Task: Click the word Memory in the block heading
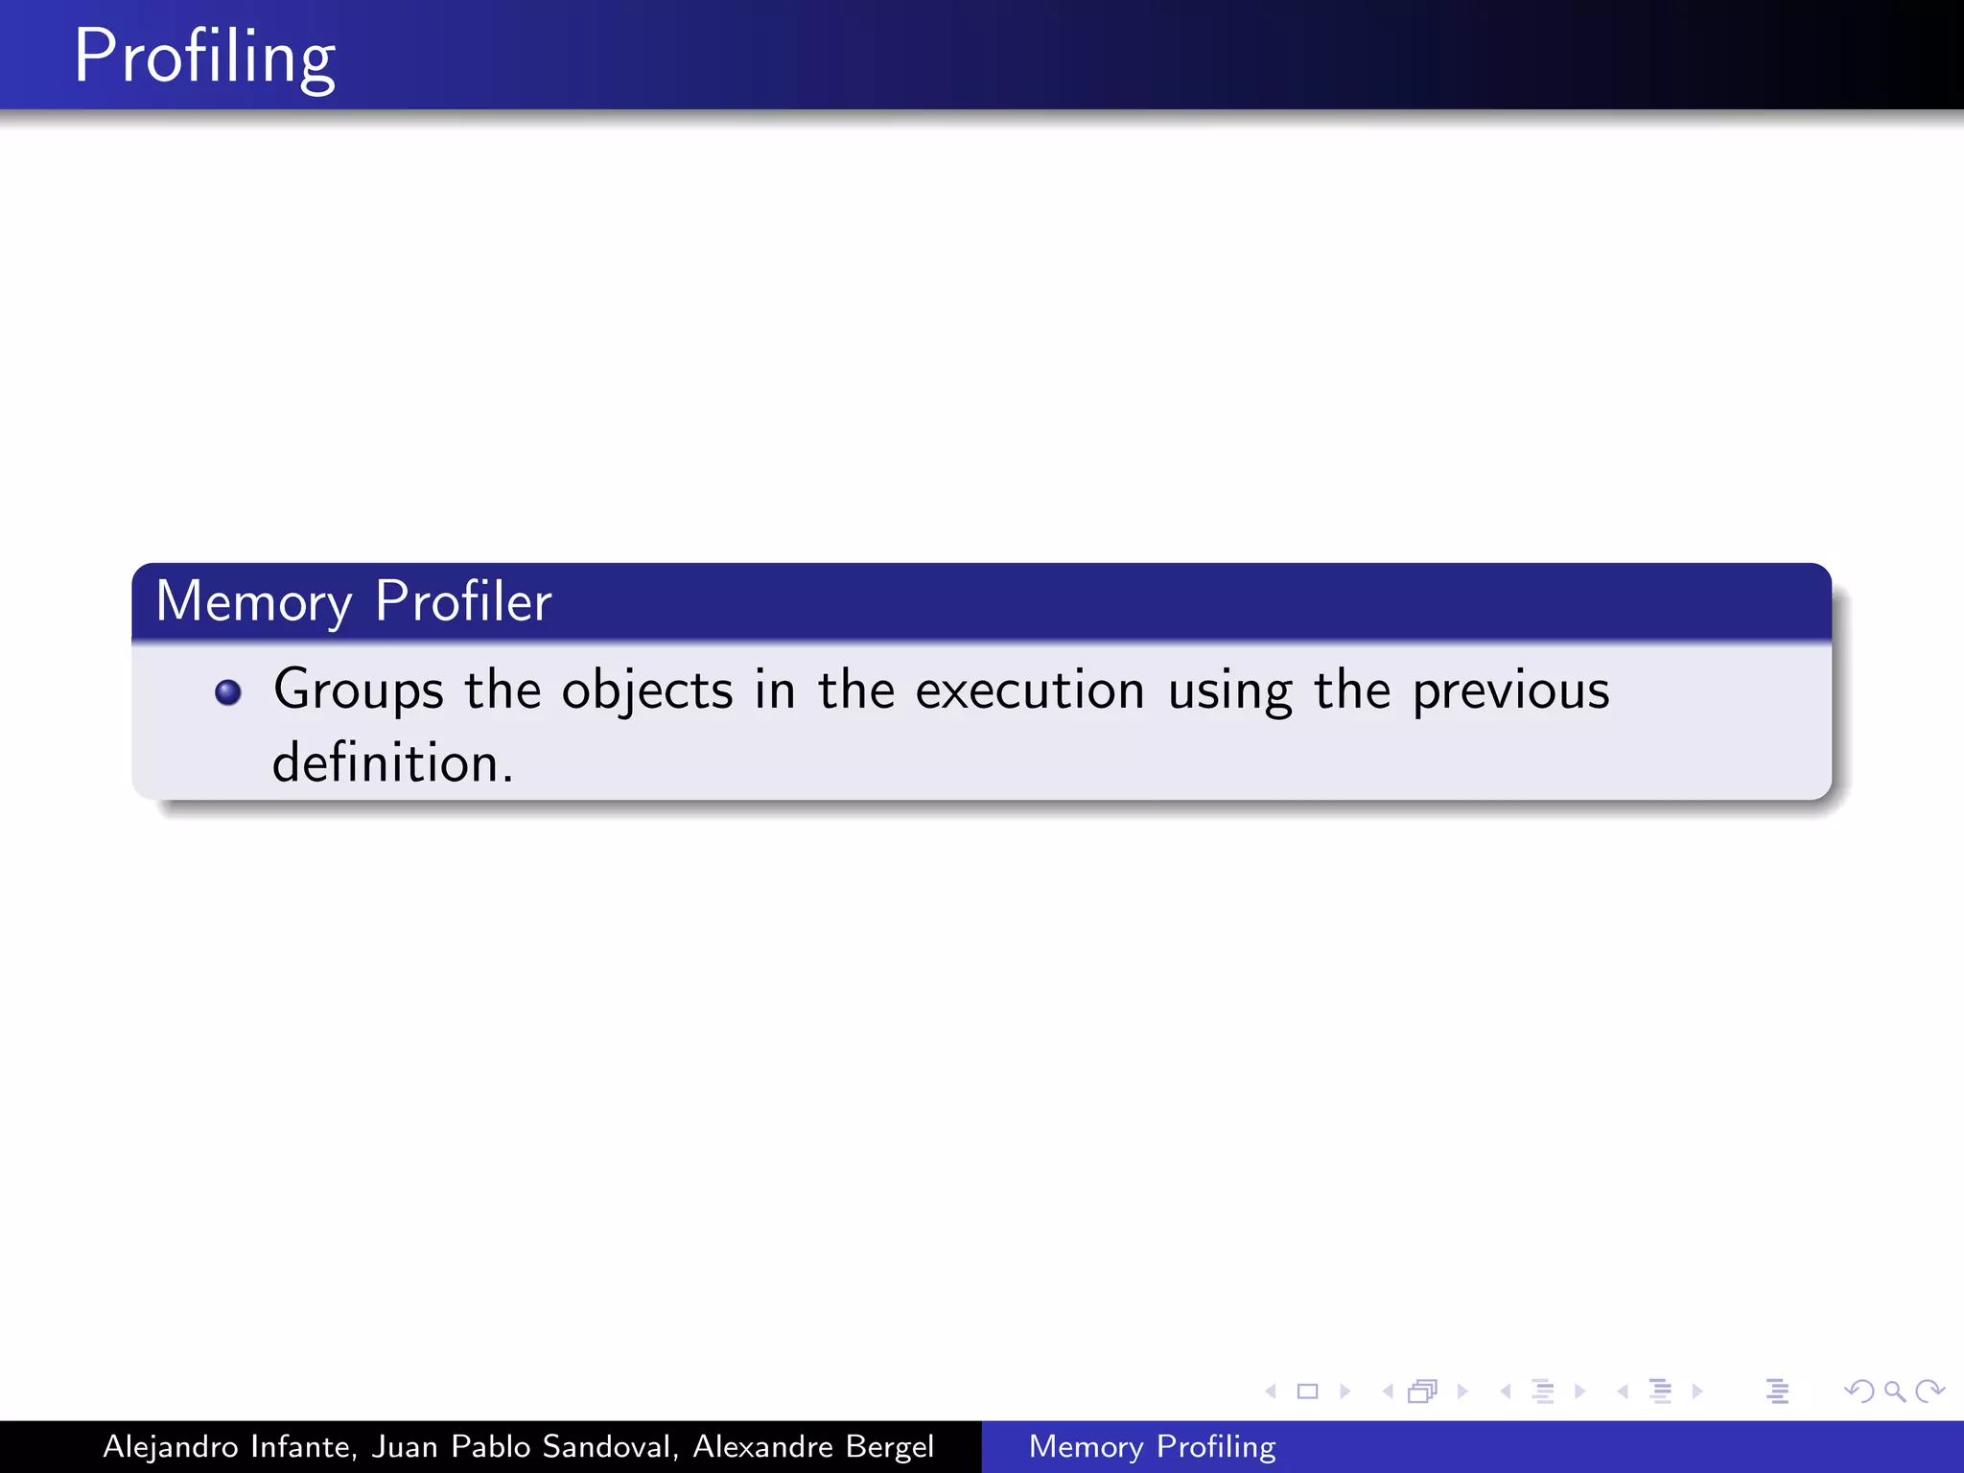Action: click(253, 602)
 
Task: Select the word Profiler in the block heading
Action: click(463, 601)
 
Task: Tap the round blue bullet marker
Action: click(228, 691)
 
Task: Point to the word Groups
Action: click(359, 690)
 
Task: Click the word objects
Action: click(647, 690)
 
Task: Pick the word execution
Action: click(1030, 690)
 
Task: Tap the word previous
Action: click(1510, 690)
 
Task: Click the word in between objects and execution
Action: click(775, 690)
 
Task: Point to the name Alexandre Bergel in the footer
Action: click(813, 1446)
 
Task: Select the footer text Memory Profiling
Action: click(1152, 1446)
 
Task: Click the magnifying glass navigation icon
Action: click(1894, 1391)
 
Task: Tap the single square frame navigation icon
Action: click(1307, 1391)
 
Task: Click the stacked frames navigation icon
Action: click(1423, 1391)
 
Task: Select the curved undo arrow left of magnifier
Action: click(1859, 1391)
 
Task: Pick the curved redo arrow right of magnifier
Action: click(1929, 1391)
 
